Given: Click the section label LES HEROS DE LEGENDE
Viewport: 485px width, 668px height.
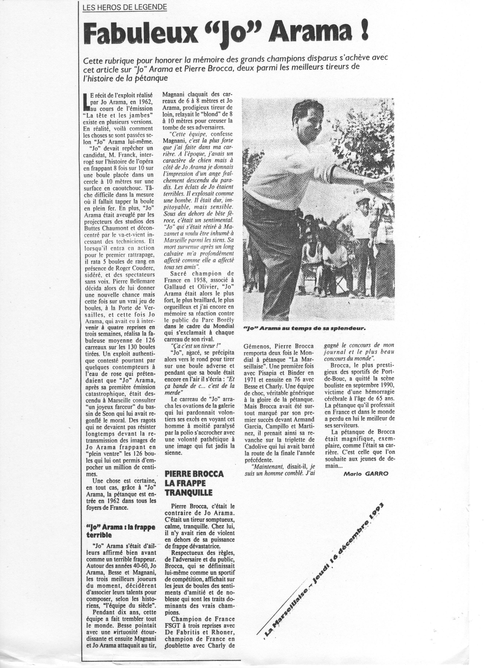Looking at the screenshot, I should [125, 8].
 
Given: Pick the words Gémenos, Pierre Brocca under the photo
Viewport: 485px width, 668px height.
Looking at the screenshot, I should [279, 346].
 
